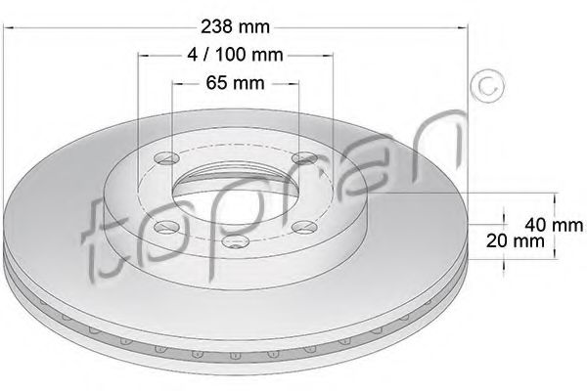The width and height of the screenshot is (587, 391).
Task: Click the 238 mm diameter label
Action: pos(235,27)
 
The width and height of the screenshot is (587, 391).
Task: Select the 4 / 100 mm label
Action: pos(235,55)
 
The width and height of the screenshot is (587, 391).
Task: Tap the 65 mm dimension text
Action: pos(235,83)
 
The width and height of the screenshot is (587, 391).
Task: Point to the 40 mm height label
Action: pos(554,225)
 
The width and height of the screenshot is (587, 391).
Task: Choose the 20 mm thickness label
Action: pos(516,240)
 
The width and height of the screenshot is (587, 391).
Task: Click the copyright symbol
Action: pos(487,86)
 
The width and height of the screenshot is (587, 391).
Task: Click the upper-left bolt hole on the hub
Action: pos(167,158)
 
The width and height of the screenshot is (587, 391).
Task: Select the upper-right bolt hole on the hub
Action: pos(304,158)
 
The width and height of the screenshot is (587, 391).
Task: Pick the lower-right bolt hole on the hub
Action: pos(304,227)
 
